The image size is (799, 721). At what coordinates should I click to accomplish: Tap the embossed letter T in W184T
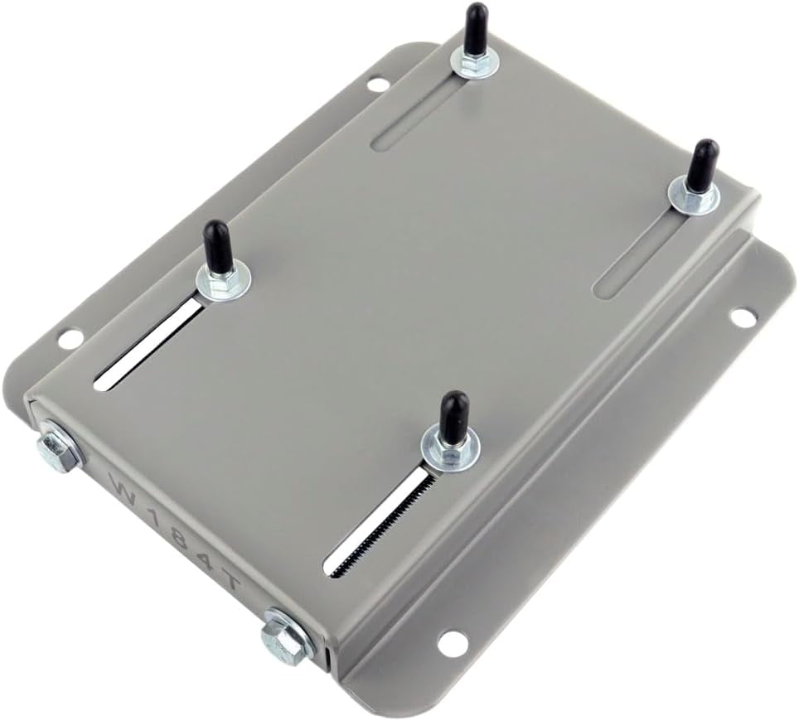[x=232, y=583]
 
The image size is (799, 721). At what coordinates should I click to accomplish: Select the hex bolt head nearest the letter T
[x=283, y=636]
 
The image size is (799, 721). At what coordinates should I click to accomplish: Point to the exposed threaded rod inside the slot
[x=377, y=523]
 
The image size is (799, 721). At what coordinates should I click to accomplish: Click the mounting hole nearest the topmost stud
[x=377, y=84]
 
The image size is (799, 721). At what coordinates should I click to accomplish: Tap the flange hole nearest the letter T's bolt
[x=452, y=640]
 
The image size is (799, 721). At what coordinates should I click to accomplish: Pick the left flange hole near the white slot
[x=71, y=338]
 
